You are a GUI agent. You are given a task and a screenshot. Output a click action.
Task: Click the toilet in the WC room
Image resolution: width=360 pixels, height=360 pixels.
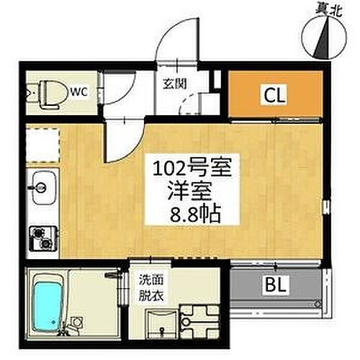click(45, 92)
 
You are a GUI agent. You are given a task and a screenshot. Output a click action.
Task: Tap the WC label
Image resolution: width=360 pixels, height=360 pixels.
click(78, 91)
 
